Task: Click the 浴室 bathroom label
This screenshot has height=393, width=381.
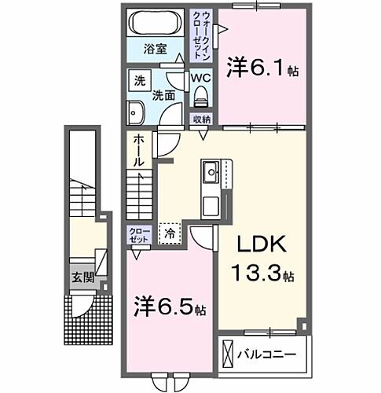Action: coord(154,49)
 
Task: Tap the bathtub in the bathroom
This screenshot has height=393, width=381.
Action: coord(157,22)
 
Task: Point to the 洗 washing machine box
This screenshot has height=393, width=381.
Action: coord(139,80)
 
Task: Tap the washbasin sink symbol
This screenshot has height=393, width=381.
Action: coord(134,112)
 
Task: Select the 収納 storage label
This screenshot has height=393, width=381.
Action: coord(202,119)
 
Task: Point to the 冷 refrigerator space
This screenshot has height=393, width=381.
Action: coord(169,233)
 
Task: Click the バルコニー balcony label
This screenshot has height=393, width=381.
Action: coord(269,354)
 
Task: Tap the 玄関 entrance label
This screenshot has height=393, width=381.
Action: coord(83,277)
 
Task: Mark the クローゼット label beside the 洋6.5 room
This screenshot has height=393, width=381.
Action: coord(138,235)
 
